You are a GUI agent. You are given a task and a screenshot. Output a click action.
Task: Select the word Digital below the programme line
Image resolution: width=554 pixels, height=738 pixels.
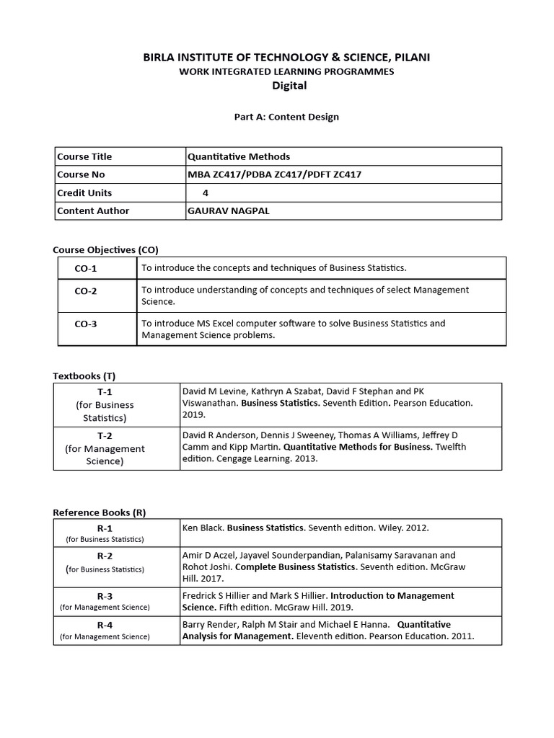click(x=289, y=85)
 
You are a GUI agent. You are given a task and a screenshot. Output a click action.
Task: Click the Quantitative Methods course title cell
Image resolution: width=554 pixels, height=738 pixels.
click(x=239, y=156)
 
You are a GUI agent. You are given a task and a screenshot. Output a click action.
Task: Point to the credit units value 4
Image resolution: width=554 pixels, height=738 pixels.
click(x=206, y=192)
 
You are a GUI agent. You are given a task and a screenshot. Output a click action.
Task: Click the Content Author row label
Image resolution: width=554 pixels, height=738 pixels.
click(x=93, y=210)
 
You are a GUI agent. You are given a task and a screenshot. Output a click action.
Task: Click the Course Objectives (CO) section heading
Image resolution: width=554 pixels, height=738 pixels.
click(x=105, y=249)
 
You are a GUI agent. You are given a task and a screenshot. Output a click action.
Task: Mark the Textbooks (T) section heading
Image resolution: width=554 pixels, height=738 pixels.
click(x=84, y=375)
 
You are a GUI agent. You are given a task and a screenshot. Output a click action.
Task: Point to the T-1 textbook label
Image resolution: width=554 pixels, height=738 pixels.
click(x=105, y=391)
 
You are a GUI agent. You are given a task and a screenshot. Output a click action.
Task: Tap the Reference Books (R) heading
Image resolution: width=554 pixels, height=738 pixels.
click(x=100, y=512)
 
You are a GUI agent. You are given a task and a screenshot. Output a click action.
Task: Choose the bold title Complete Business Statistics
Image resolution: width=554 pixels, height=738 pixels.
click(x=296, y=566)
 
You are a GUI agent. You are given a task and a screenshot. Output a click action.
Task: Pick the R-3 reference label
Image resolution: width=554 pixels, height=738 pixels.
click(x=105, y=596)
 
